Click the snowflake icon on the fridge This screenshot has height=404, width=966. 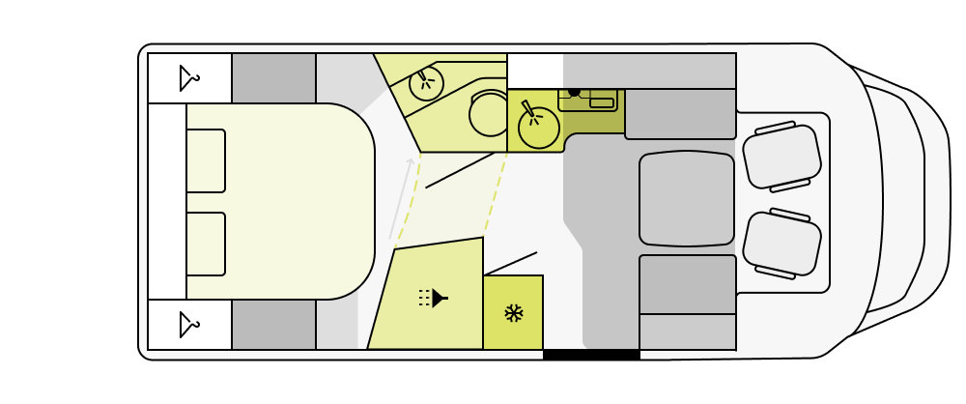pos(513,313)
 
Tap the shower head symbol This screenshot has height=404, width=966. pos(434,298)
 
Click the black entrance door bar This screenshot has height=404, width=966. pos(591,355)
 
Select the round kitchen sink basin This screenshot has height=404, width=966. pos(539,128)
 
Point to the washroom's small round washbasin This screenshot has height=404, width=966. pos(426,83)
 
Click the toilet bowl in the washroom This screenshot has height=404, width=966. pos(489,114)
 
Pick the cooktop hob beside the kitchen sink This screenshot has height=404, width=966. pos(587,99)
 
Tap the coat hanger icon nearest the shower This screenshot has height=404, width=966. pos(189,325)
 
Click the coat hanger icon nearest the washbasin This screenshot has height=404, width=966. pos(189,78)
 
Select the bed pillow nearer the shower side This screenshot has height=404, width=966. pos(206,244)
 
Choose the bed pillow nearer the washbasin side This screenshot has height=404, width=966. pos(206,160)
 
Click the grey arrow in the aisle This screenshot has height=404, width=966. pos(401,198)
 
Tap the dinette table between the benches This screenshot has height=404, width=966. pos(687,198)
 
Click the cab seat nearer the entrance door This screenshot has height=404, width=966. pos(781,244)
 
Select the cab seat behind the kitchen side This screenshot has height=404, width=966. pos(781,157)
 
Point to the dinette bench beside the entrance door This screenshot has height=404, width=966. pos(687,284)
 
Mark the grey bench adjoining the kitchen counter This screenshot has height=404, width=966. pos(680,114)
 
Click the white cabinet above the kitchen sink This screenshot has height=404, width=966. pos(535,71)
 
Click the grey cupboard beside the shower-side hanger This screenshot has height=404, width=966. pos(273,325)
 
